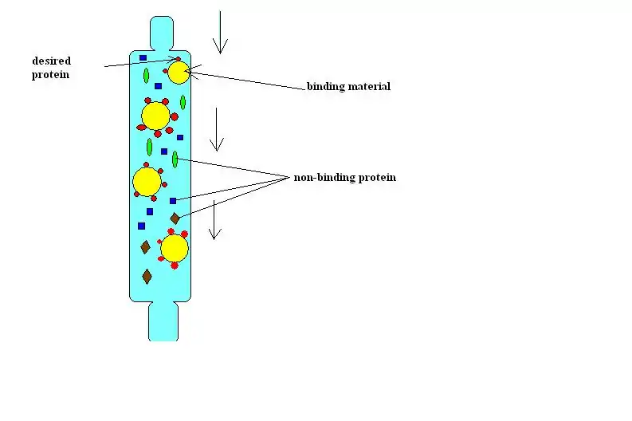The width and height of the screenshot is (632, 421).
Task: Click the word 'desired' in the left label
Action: (x=51, y=61)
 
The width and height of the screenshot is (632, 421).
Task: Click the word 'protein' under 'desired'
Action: (x=51, y=75)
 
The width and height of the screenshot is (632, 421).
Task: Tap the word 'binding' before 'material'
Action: (x=326, y=86)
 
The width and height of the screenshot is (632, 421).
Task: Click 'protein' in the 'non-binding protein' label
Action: (x=377, y=177)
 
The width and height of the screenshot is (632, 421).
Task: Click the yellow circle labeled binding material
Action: (x=179, y=73)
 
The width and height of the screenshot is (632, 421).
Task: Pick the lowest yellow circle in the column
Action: (x=175, y=248)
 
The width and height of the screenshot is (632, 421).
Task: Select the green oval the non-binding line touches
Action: (x=175, y=159)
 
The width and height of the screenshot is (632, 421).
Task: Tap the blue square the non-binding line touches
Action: (x=173, y=200)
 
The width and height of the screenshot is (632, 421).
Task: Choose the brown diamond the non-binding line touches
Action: (x=175, y=218)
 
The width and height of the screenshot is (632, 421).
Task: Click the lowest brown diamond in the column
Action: (x=147, y=276)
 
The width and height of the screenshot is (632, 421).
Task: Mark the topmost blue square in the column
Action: (x=143, y=57)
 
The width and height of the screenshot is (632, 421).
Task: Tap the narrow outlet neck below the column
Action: (x=163, y=322)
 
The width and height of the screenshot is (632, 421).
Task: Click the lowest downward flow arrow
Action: (x=214, y=221)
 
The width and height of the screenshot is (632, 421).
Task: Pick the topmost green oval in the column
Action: (x=146, y=77)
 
